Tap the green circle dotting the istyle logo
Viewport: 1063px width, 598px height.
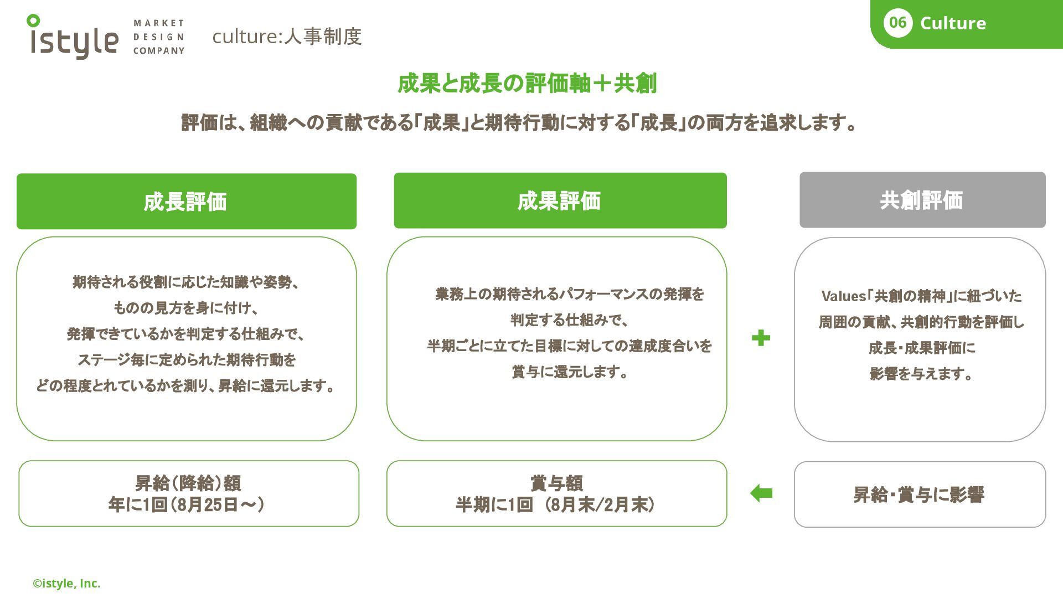[x=33, y=21]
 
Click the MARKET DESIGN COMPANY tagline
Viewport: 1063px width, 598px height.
[x=158, y=37]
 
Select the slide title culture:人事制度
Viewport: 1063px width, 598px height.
[x=287, y=37]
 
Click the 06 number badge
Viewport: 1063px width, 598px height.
[x=897, y=23]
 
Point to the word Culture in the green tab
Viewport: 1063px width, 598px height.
[x=953, y=23]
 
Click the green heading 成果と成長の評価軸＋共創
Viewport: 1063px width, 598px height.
[x=527, y=84]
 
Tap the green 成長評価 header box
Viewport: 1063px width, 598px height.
[x=186, y=202]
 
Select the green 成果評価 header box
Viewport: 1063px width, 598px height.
[x=560, y=200]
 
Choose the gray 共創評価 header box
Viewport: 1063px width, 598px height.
[x=922, y=200]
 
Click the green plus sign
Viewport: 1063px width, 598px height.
[x=761, y=338]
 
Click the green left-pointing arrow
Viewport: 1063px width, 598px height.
[x=761, y=493]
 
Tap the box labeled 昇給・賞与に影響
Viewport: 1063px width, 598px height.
[x=919, y=494]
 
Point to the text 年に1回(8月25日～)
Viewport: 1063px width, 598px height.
[x=186, y=505]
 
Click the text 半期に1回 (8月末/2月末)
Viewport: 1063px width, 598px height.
[x=555, y=505]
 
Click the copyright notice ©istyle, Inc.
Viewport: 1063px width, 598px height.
[x=66, y=584]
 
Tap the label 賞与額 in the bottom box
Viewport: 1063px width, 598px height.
[x=556, y=483]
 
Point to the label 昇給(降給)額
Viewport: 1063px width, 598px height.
[x=188, y=483]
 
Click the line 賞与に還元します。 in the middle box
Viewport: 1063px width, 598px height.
[x=570, y=372]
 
